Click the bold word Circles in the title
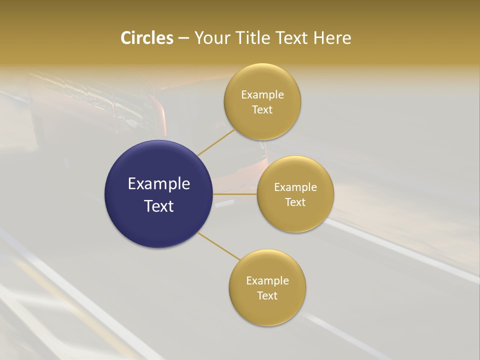pyautogui.click(x=146, y=38)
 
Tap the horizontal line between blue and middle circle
pyautogui.click(x=234, y=194)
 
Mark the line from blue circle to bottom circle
pyautogui.click(x=219, y=246)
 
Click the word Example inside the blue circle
pyautogui.click(x=159, y=184)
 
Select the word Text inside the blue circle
pyautogui.click(x=159, y=206)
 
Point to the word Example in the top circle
pyautogui.click(x=262, y=95)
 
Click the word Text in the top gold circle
pyautogui.click(x=262, y=110)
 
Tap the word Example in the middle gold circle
pyautogui.click(x=295, y=187)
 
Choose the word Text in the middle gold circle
pyautogui.click(x=295, y=202)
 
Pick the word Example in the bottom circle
pyautogui.click(x=267, y=281)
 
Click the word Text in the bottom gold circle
pyautogui.click(x=267, y=296)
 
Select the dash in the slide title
pyautogui.click(x=183, y=38)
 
